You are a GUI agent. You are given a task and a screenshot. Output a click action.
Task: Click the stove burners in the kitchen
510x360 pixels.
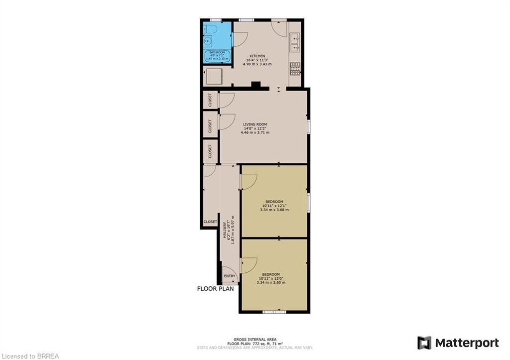pyautogui.click(x=295, y=68)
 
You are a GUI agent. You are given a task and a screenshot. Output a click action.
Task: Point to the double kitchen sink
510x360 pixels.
pyautogui.click(x=295, y=41)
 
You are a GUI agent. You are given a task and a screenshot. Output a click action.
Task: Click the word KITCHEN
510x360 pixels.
pyautogui.click(x=257, y=56)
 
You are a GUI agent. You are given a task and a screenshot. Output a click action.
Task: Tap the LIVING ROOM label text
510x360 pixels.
pyautogui.click(x=255, y=124)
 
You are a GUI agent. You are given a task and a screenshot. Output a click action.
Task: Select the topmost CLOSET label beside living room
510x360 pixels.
pyautogui.click(x=210, y=100)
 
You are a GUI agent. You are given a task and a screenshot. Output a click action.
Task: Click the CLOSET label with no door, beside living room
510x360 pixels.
pyautogui.click(x=210, y=151)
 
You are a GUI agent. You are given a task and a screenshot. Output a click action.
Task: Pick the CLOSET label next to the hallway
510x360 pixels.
pyautogui.click(x=210, y=222)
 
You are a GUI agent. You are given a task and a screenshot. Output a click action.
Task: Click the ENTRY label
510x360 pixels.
pyautogui.click(x=230, y=276)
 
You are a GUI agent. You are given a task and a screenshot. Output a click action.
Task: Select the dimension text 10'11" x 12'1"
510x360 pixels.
pyautogui.click(x=274, y=206)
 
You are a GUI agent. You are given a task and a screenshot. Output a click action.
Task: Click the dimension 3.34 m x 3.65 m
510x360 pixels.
pyautogui.click(x=271, y=283)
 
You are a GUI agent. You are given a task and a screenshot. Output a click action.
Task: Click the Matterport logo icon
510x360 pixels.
pyautogui.click(x=424, y=343)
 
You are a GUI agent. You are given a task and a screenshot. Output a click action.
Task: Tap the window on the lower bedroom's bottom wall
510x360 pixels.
pyautogui.click(x=274, y=312)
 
